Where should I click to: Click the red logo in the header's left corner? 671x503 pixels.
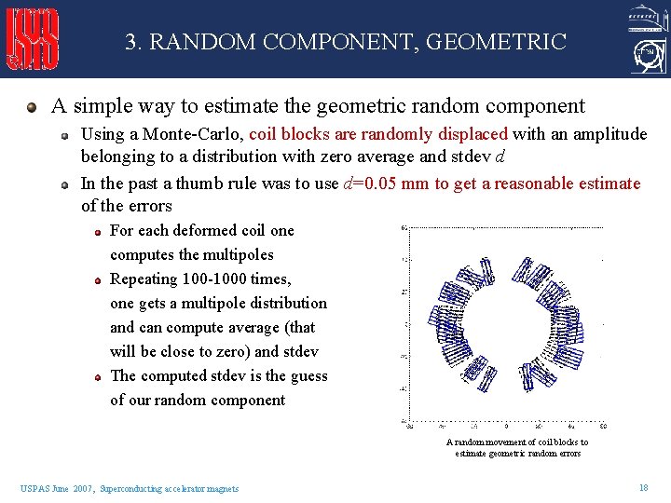pos(33,39)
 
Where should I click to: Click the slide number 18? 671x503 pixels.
pos(643,487)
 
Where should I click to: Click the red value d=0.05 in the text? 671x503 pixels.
pos(377,184)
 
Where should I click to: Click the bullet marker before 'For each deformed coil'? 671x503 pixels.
pos(98,231)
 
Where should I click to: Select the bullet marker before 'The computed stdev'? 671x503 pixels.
pos(98,376)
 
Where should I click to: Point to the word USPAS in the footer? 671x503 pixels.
pos(33,488)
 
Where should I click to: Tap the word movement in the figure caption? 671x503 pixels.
pos(502,442)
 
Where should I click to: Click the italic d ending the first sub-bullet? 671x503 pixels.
pos(505,156)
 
